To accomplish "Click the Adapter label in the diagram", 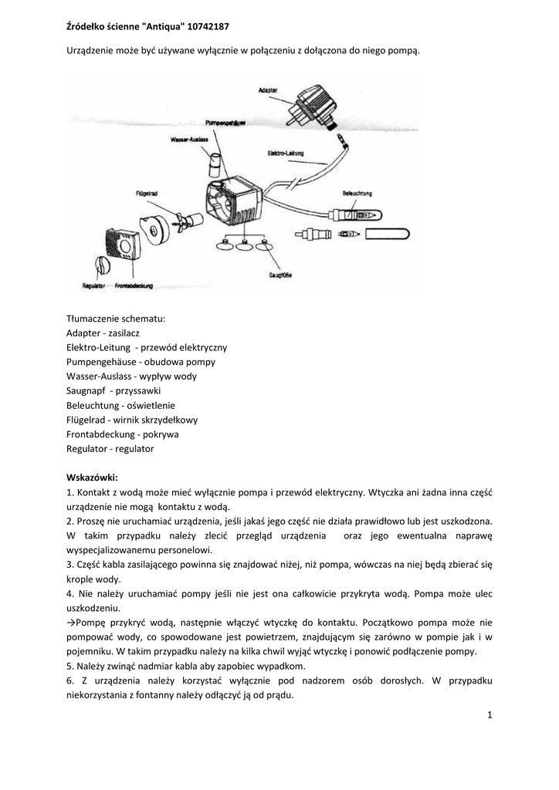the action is tap(268, 90).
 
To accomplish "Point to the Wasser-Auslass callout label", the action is tap(189, 140).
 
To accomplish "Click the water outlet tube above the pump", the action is tap(215, 164).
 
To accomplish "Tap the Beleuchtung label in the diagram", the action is tap(355, 192).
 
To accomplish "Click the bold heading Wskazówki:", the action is tap(92, 477).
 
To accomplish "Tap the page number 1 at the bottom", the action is tap(490, 715).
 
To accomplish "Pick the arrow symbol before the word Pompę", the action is tap(71, 623).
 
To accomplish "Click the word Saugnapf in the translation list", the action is tap(85, 390).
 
